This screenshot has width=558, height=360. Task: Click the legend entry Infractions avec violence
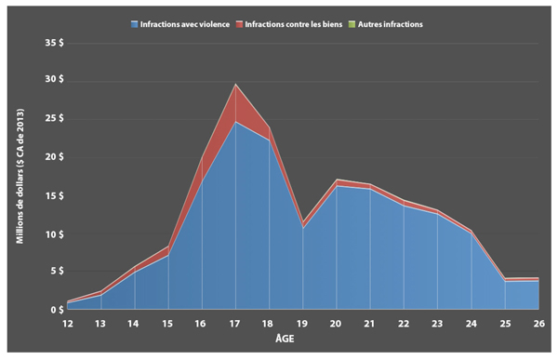click(181, 23)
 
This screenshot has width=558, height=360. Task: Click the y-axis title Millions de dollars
click(20, 177)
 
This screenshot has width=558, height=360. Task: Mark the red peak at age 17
click(236, 85)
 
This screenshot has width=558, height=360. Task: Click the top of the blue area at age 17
click(236, 122)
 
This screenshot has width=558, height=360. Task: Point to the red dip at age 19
click(303, 222)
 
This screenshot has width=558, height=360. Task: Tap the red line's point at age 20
click(337, 180)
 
